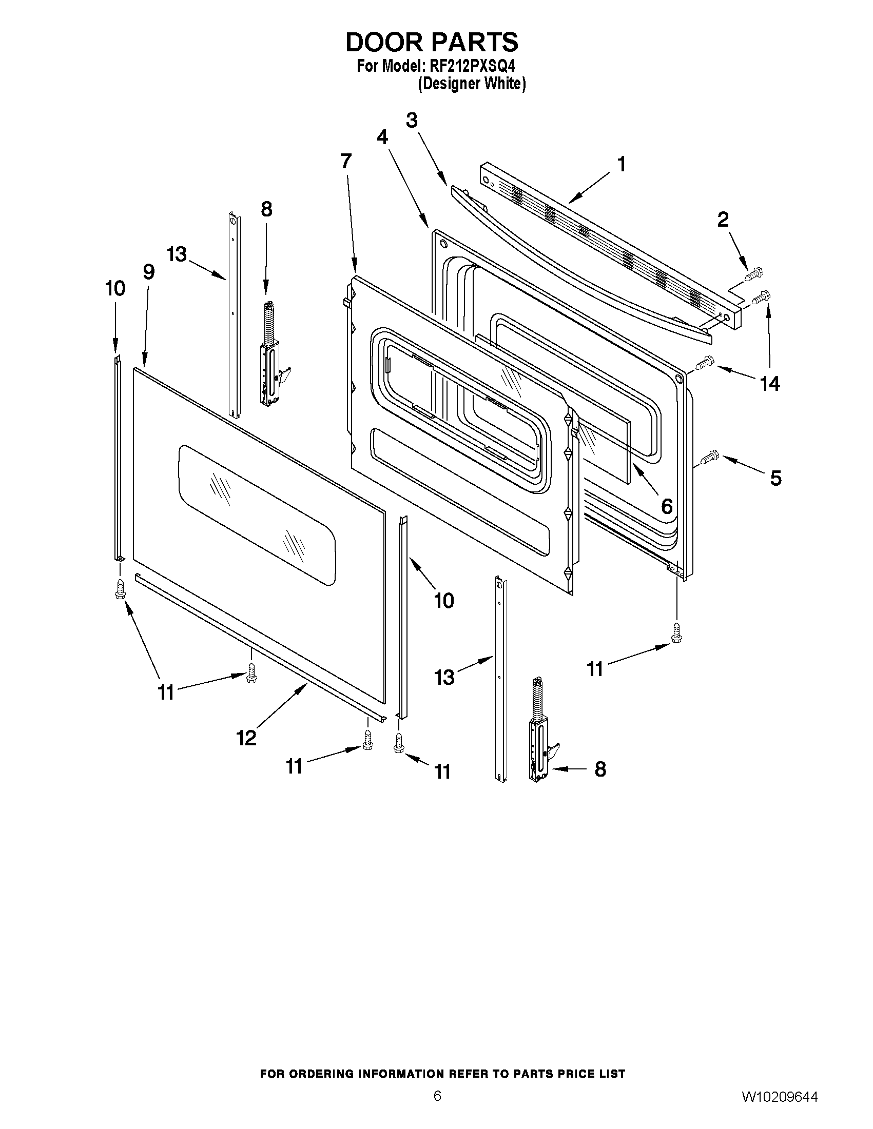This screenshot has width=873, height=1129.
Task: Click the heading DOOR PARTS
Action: (431, 43)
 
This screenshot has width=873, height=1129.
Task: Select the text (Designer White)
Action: (471, 83)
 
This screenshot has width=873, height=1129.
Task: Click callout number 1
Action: (621, 164)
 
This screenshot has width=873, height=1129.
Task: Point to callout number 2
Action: (723, 220)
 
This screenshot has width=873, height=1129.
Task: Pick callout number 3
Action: (411, 121)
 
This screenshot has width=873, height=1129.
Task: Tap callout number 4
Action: (382, 137)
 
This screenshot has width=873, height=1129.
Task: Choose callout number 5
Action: (776, 478)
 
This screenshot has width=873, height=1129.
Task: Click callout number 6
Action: (667, 506)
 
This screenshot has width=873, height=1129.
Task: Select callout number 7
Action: (346, 161)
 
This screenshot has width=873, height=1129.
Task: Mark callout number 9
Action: (148, 272)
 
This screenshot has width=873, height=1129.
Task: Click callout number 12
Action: (246, 738)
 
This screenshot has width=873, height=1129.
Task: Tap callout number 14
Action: (769, 384)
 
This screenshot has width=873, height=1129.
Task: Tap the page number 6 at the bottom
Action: (437, 1107)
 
